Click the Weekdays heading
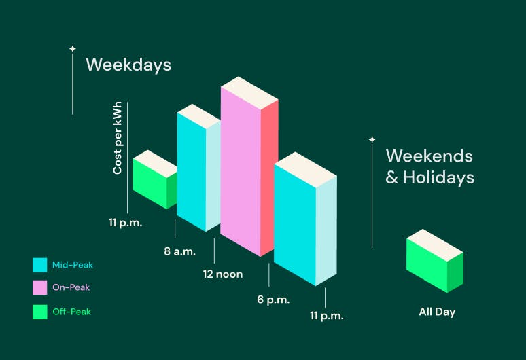pos(128,65)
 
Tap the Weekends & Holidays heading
pos(429,166)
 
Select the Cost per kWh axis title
pos(118,138)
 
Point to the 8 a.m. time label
pos(180,251)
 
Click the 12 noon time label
pos(223,274)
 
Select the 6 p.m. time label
pos(273,300)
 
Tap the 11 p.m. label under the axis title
pos(126,223)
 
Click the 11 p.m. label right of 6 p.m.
pos(327,316)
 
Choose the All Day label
pos(437,312)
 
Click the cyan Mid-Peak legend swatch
pos(39,265)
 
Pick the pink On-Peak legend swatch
pos(39,287)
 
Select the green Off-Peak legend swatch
pos(39,312)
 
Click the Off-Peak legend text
pos(72,312)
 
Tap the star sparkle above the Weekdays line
pos(73,49)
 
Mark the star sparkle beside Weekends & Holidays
pos(372,139)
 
